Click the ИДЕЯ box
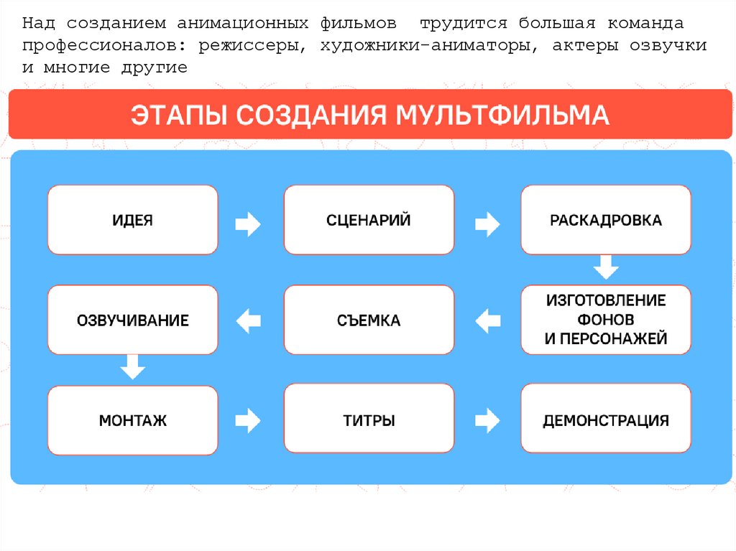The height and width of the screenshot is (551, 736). (x=132, y=220)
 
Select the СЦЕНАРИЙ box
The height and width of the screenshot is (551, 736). (x=369, y=220)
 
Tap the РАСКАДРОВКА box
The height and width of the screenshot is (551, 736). (x=605, y=220)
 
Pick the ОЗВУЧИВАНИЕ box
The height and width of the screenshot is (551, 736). (x=132, y=320)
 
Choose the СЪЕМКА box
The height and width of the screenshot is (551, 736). (x=369, y=320)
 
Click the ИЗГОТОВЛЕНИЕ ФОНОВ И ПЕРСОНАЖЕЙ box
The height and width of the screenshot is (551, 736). (x=605, y=320)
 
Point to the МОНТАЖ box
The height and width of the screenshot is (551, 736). (x=132, y=420)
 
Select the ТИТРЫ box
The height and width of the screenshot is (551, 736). (x=369, y=420)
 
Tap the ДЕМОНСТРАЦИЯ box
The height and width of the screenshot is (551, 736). (x=605, y=420)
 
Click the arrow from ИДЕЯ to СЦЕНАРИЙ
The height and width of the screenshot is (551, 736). (x=249, y=223)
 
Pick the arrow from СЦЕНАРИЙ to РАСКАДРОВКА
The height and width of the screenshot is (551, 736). (x=487, y=223)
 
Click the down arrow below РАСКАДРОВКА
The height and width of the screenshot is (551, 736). (x=605, y=267)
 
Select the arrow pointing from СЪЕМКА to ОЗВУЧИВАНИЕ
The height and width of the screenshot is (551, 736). (x=249, y=320)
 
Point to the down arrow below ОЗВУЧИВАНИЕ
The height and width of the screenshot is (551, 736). (x=132, y=367)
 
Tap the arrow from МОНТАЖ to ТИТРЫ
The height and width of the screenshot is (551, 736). (x=249, y=420)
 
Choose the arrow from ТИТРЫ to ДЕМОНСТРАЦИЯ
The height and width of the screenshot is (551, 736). (x=487, y=420)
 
